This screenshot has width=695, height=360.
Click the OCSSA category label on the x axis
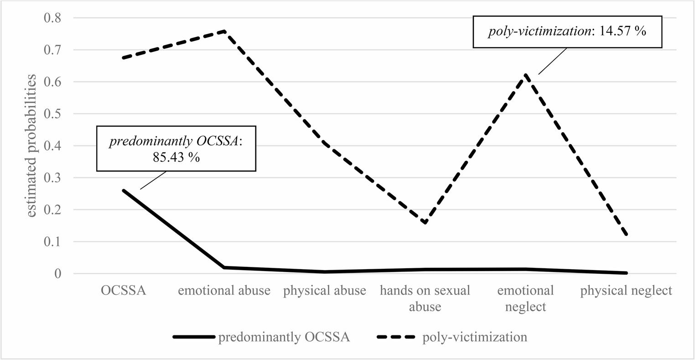pos(124,291)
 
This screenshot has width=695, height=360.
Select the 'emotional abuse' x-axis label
pos(224,291)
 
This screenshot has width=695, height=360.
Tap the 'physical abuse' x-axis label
pos(325,291)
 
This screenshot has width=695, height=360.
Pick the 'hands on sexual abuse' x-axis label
pos(425,298)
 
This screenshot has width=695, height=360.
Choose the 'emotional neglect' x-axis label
pos(525,298)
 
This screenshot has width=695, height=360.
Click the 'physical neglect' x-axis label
pos(626,291)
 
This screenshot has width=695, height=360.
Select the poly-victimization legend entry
pos(452,338)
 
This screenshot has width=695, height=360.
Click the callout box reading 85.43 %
pos(176,149)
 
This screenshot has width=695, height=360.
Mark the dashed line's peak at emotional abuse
pos(224,31)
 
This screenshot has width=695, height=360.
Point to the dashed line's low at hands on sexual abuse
pos(425,223)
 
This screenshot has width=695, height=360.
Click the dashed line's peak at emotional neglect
pos(525,75)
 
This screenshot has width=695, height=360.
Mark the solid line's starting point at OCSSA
pos(124,190)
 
